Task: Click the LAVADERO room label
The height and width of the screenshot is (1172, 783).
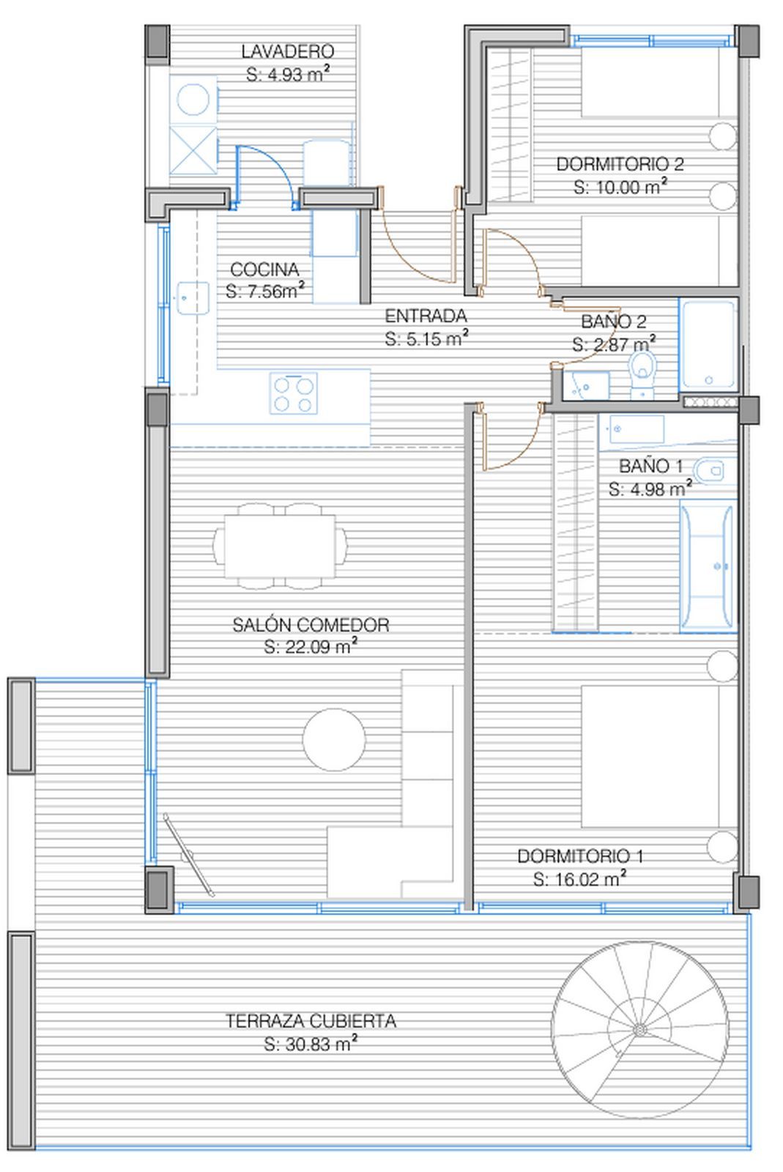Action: pos(288,51)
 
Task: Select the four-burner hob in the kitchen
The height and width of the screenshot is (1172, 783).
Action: pos(294,393)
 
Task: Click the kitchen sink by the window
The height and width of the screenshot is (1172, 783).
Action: pos(193,298)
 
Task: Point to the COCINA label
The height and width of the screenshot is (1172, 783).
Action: pos(264,270)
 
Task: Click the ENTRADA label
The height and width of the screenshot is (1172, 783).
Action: pos(426,316)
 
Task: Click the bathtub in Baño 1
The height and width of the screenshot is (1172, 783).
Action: pos(708,565)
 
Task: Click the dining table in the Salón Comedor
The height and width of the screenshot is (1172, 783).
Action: pos(280,546)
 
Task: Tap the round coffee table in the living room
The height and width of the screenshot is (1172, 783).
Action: pos(334,740)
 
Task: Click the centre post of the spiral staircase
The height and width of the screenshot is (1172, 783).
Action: pos(639,1030)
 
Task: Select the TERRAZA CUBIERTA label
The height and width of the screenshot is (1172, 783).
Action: pos(311,1021)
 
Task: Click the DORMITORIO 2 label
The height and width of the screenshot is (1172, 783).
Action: pos(620,164)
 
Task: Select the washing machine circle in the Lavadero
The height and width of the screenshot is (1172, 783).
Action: pos(193,99)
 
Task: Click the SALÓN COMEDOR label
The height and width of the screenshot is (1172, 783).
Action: pos(311,625)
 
